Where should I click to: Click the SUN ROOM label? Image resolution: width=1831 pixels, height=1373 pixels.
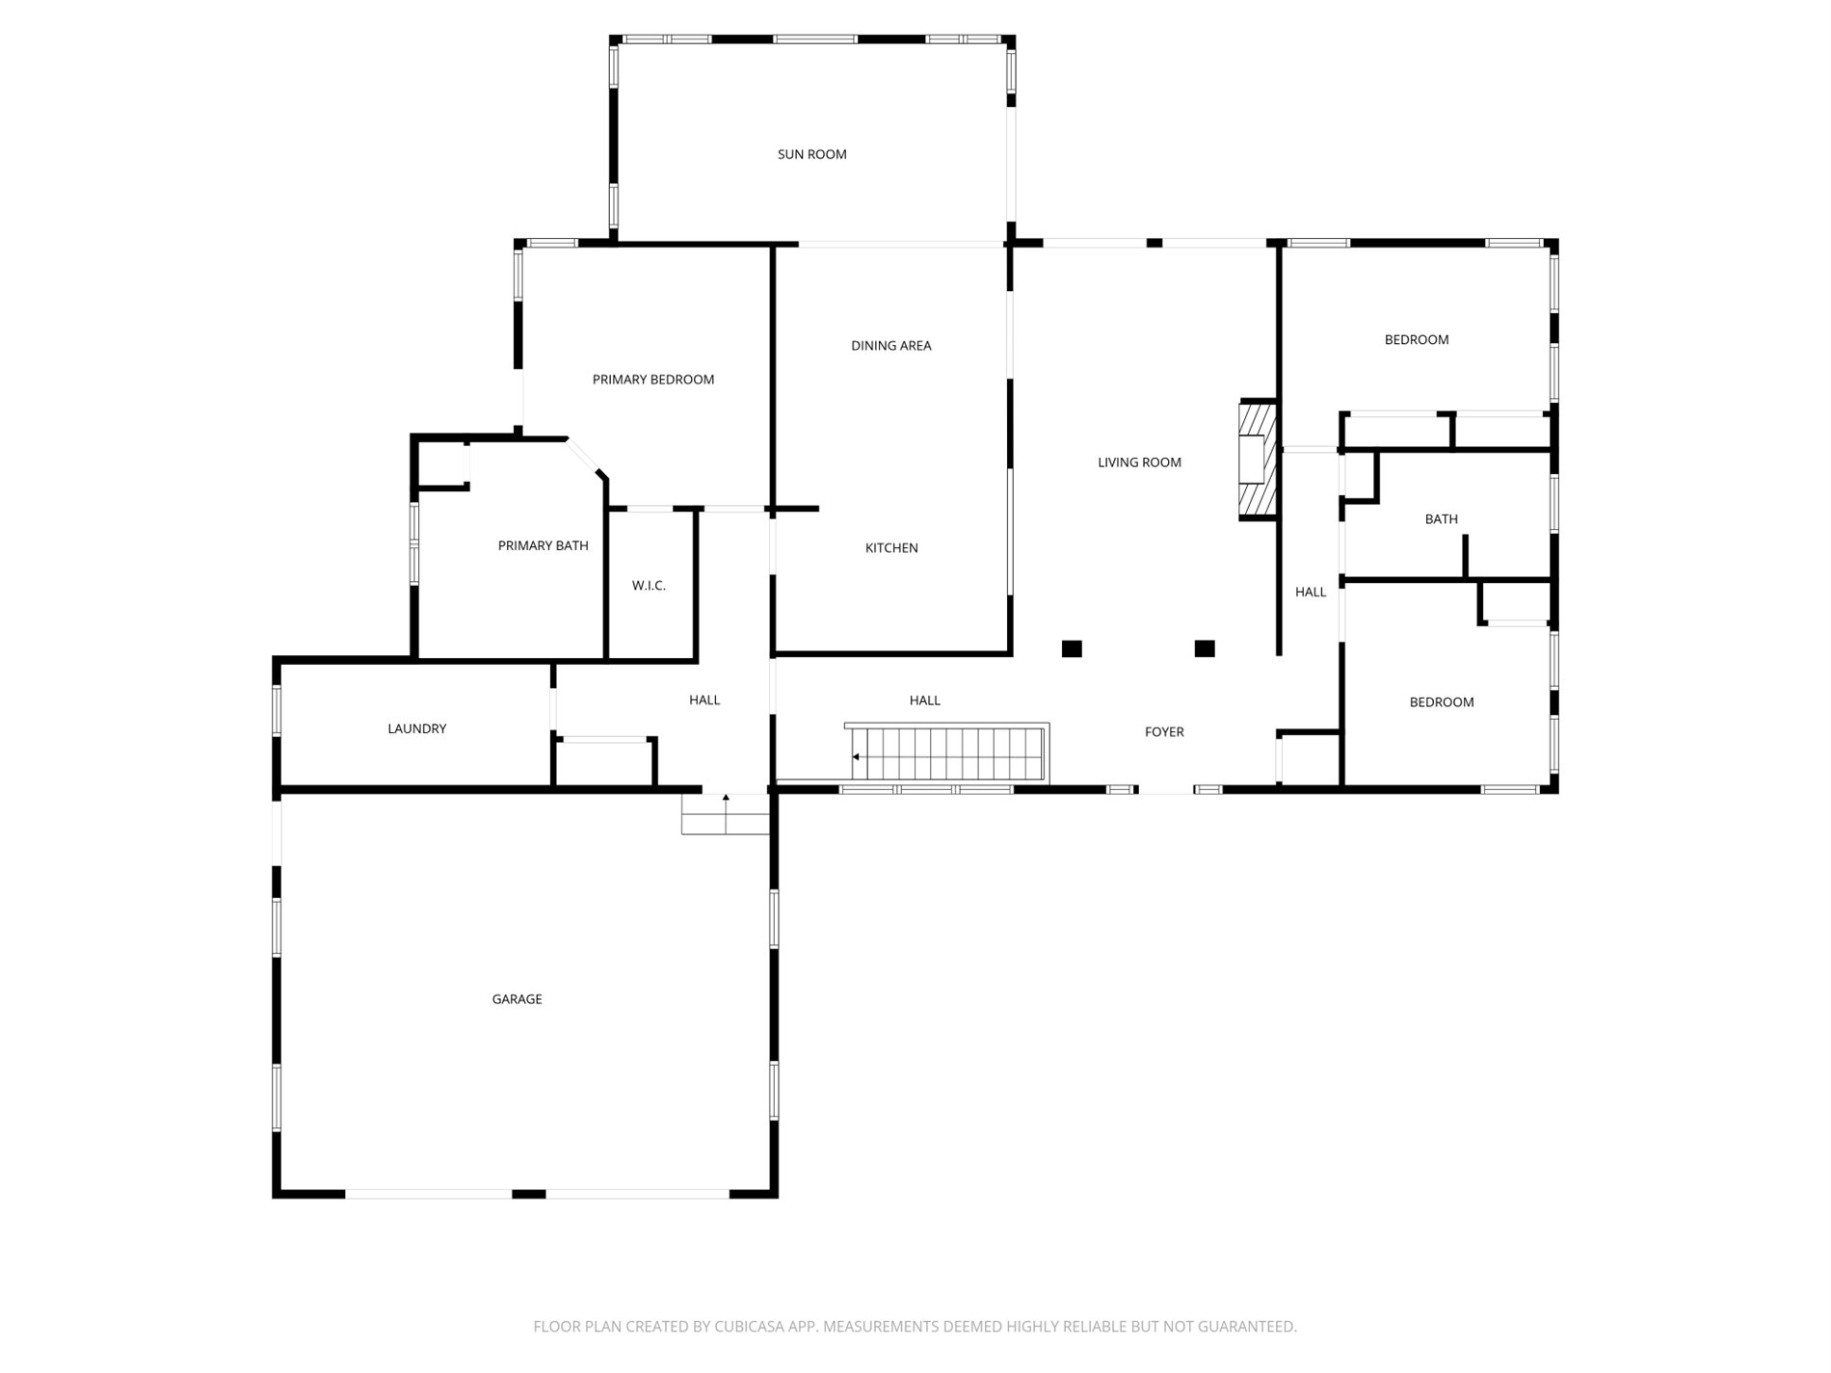click(x=811, y=154)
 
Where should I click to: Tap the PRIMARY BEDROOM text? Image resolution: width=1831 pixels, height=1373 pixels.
click(x=652, y=380)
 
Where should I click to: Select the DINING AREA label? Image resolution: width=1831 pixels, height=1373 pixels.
click(x=890, y=345)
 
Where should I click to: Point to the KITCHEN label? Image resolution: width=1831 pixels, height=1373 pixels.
click(x=890, y=547)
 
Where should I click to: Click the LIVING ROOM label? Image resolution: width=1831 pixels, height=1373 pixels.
click(x=1139, y=462)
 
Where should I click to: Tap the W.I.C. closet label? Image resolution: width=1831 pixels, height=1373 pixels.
click(x=649, y=586)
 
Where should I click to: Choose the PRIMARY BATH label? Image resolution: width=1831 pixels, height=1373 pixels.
click(x=543, y=545)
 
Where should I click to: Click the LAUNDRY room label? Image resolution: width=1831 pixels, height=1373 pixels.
click(x=416, y=728)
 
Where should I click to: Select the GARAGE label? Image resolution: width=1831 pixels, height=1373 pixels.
click(x=517, y=999)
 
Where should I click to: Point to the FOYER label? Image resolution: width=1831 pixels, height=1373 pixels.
click(x=1164, y=732)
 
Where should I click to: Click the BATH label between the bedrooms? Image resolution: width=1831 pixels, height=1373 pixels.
click(x=1441, y=519)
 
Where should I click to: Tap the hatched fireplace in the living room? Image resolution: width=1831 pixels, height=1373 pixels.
click(x=1257, y=461)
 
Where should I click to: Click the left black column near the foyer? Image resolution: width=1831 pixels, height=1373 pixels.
click(x=1072, y=648)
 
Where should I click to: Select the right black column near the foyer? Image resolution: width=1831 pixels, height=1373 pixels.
click(x=1205, y=648)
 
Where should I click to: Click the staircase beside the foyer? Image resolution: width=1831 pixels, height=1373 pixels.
click(x=947, y=753)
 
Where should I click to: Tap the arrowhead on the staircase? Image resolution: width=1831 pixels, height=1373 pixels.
click(x=856, y=757)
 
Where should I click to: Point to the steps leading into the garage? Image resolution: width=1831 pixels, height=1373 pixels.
click(x=726, y=813)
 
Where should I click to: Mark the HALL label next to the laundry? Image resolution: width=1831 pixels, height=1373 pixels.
click(x=704, y=700)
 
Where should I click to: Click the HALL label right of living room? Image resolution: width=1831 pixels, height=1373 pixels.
click(x=1311, y=593)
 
